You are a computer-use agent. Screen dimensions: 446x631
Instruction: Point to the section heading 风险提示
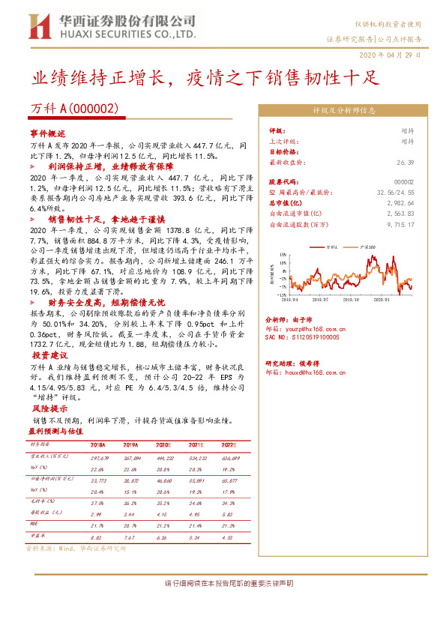[x=46, y=410]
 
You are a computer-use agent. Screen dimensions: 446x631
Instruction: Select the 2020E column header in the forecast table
[x=163, y=444]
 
